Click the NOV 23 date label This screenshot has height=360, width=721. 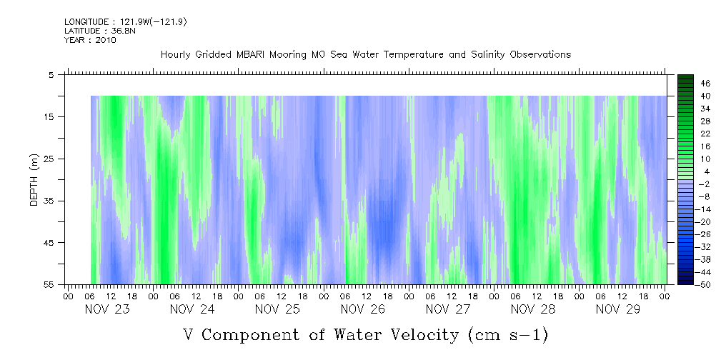tap(107, 309)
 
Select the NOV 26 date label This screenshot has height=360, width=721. tap(363, 309)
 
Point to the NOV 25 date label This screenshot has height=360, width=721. tap(277, 309)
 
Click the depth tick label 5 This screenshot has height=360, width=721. tap(51, 74)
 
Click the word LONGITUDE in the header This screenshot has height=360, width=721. tap(87, 22)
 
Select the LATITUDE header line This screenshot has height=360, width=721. tap(90, 31)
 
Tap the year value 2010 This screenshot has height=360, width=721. tap(105, 40)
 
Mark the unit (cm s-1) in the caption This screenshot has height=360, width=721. tap(509, 334)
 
